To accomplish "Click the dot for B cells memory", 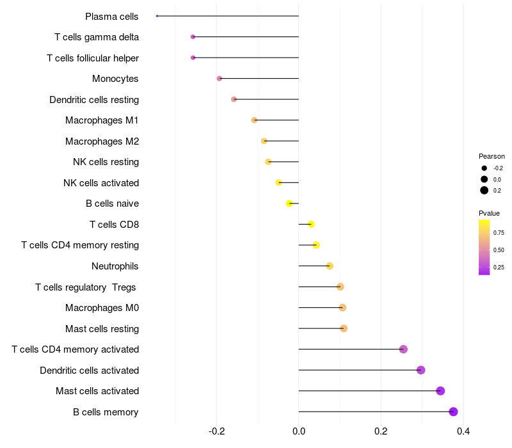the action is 453,412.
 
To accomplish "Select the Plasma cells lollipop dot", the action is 157,16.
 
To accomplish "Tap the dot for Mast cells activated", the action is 440,391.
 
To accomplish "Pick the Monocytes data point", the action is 220,78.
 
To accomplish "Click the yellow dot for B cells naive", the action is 289,204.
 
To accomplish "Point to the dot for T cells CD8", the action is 311,225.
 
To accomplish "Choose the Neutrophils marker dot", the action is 330,266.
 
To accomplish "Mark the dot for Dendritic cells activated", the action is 421,370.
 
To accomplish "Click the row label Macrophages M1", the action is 102,120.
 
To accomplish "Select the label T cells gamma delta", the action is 97,37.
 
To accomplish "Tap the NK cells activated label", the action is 101,183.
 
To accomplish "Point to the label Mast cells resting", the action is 102,329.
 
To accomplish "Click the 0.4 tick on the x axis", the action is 463,431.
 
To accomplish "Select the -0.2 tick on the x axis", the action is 216,431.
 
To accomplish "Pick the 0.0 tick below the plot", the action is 299,431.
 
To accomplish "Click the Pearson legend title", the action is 492,156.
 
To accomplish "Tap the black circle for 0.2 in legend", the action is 484,190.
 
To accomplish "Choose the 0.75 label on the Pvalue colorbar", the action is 499,233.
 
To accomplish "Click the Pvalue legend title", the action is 489,213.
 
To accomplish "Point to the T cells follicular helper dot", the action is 193,58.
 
